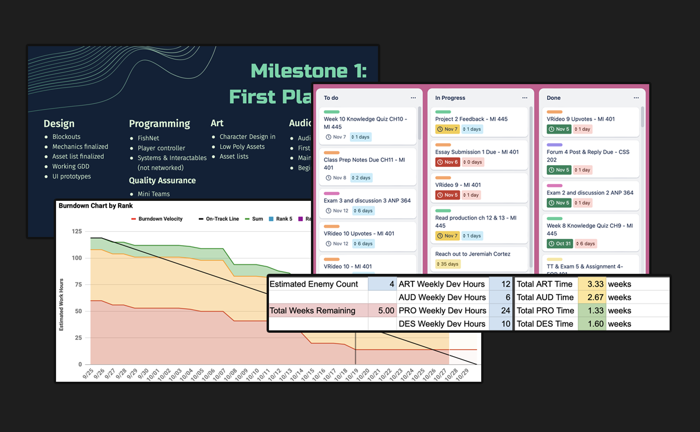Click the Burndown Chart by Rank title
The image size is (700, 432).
click(96, 205)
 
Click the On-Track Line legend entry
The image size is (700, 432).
click(222, 219)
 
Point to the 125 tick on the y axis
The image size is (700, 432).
click(76, 232)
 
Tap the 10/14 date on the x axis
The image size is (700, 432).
click(297, 374)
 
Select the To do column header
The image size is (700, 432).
click(331, 98)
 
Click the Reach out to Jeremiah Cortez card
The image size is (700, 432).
click(473, 254)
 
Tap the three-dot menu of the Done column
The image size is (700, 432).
click(636, 98)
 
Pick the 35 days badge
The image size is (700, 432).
click(450, 264)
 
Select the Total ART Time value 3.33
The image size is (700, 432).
click(591, 284)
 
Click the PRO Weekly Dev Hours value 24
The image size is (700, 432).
click(500, 311)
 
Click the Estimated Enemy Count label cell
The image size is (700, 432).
click(317, 284)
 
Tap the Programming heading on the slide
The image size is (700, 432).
click(159, 123)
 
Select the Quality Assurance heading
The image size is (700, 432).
click(162, 180)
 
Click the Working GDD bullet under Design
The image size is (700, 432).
click(71, 166)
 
